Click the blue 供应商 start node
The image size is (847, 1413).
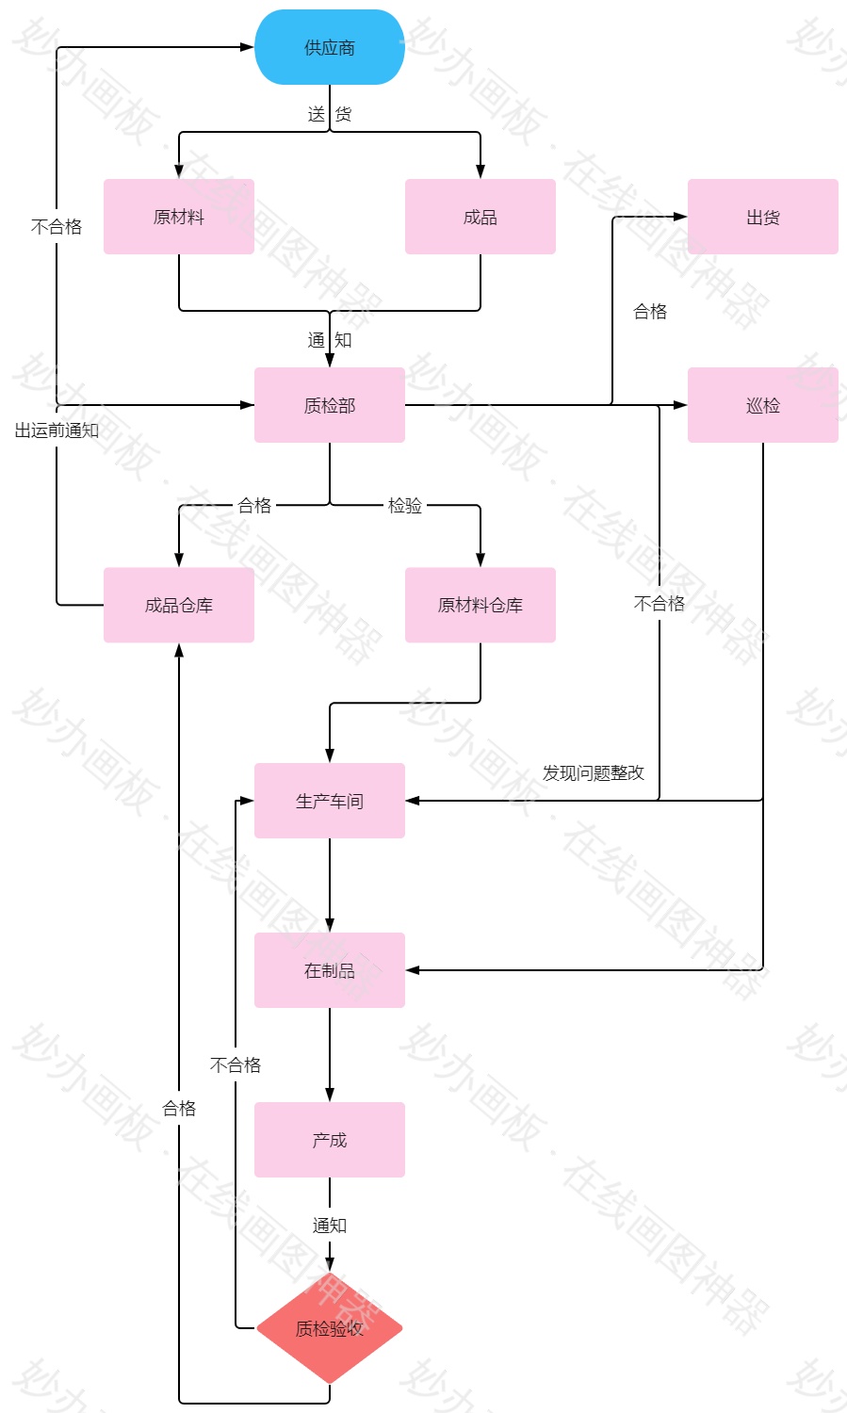coord(330,47)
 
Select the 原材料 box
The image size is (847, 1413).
coord(179,217)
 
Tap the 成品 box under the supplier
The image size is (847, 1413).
coord(481,217)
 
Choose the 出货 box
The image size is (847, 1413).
coord(763,217)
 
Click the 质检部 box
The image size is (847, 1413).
coord(330,405)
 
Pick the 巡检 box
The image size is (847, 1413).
coord(763,405)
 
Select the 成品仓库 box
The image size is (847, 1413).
coord(179,605)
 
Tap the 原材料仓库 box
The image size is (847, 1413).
coord(481,605)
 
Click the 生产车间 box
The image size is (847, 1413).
coord(330,801)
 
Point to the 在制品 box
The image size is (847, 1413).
coord(330,970)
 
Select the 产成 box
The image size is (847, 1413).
coord(330,1140)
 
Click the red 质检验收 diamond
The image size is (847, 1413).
coord(330,1328)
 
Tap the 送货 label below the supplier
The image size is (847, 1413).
coord(330,114)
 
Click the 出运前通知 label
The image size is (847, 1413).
coord(57,430)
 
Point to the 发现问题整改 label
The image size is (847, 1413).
coord(594,772)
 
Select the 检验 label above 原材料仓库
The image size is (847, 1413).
coord(405,506)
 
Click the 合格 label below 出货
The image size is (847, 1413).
coord(650,311)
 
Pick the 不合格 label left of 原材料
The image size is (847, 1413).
coord(57,226)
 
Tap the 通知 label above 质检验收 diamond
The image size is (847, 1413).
coord(330,1225)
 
